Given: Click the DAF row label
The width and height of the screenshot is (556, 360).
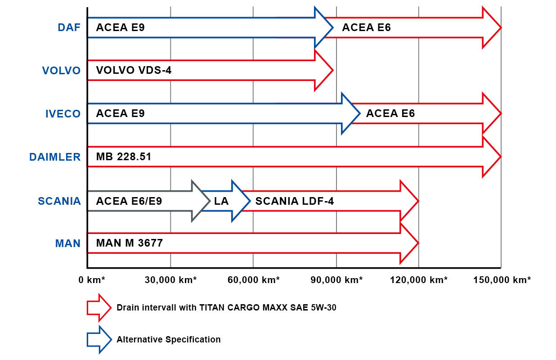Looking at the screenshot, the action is (69, 27).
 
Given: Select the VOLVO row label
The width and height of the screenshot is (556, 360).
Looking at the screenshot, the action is (61, 71).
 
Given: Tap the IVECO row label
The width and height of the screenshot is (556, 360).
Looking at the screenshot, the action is (63, 114).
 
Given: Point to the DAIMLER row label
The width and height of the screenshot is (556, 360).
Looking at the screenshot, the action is (55, 157).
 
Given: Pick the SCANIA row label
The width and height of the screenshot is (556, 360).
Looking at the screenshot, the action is (59, 201).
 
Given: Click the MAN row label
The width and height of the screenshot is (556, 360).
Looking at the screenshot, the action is (68, 243).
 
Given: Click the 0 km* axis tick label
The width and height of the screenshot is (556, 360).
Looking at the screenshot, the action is (92, 280).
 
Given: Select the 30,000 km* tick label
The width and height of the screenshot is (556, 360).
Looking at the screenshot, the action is (170, 280).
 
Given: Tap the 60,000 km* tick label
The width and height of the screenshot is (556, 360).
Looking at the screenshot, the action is (253, 280).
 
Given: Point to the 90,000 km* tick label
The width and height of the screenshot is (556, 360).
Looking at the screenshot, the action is (336, 280).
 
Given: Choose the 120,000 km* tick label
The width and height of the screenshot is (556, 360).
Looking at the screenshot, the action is (419, 280).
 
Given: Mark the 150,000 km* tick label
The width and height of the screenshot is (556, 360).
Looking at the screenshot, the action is (502, 280).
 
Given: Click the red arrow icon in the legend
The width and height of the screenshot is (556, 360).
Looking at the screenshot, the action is (99, 307).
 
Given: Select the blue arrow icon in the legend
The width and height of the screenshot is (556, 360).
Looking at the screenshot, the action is (99, 339).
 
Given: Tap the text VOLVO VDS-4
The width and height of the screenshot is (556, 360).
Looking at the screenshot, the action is (134, 70).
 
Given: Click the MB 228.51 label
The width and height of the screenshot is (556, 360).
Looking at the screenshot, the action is (124, 157).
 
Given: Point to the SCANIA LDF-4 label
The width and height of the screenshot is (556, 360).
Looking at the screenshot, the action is (295, 201).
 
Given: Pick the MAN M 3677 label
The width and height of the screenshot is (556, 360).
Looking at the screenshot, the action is (129, 243).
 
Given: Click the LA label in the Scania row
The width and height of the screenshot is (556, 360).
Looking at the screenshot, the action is (221, 201).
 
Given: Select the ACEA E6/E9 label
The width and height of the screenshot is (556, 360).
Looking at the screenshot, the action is (129, 201).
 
